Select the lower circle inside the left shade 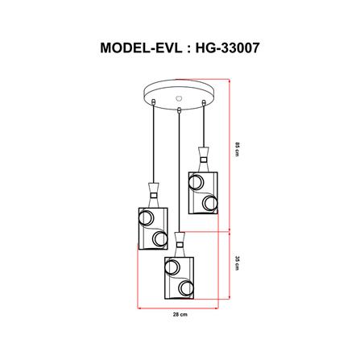[x=157, y=239]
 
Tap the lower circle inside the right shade [x=210, y=203]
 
